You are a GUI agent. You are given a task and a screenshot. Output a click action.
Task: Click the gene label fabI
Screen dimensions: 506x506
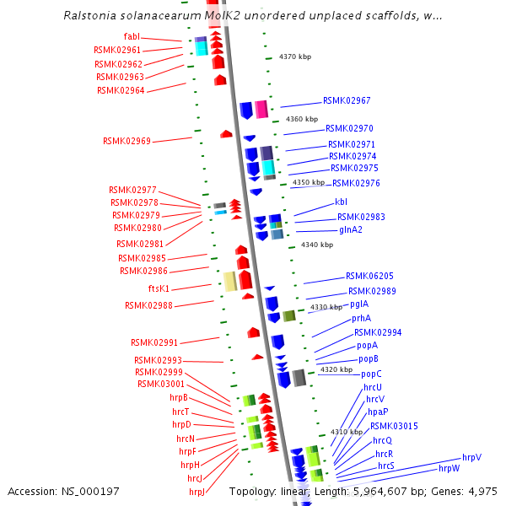coord(132,36)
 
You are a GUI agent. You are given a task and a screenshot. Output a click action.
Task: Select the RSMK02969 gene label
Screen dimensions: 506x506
coord(126,141)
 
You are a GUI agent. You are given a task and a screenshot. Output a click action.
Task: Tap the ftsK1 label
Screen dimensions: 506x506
coord(159,288)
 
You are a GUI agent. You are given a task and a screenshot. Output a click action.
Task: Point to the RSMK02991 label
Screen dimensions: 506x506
coord(154,342)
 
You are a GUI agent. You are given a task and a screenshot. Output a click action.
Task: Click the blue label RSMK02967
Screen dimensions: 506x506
coord(347,100)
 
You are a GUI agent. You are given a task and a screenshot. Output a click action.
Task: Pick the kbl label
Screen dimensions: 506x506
coord(341,202)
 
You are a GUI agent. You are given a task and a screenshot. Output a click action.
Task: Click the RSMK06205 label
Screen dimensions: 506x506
coord(369,276)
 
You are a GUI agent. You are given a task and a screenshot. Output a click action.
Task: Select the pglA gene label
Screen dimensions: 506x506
coord(359,304)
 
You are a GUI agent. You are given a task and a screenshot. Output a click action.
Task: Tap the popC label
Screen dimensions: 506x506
coord(371,374)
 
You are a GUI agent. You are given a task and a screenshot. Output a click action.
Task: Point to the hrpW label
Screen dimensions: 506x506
coord(449,468)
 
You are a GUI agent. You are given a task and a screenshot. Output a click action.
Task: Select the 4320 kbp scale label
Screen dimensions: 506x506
coord(335,369)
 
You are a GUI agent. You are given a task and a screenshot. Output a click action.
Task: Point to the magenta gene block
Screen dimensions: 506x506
coord(261,110)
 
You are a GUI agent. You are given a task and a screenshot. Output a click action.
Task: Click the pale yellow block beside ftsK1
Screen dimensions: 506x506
coord(229,281)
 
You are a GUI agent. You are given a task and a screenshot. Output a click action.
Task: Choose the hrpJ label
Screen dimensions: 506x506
coord(197,492)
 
